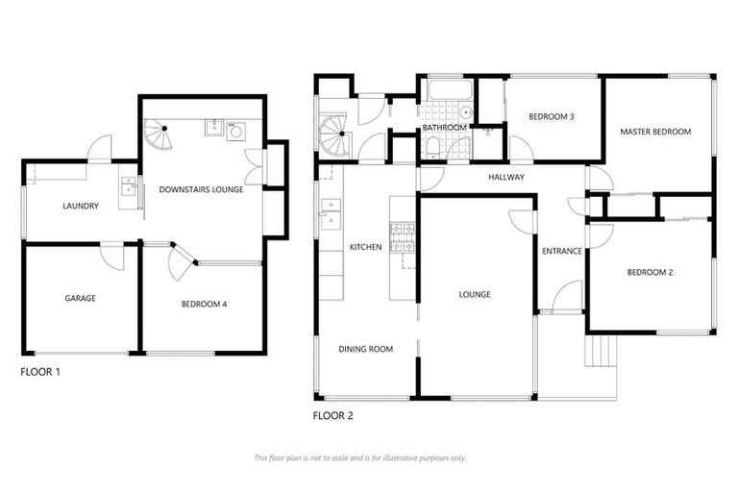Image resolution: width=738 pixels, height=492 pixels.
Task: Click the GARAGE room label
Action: point(81,298)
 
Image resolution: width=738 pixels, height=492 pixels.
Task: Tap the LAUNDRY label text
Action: point(81,206)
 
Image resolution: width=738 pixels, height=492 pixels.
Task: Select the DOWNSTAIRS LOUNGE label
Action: point(201,190)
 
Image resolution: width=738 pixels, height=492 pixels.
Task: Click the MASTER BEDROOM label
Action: point(656,132)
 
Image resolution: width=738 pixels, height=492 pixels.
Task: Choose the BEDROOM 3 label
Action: point(552,117)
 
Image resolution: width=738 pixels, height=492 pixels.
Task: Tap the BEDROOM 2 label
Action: point(650,273)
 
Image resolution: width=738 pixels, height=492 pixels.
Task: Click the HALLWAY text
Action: point(505,178)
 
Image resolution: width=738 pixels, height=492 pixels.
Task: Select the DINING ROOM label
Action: point(366,350)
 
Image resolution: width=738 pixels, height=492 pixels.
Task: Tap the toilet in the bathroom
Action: point(434,146)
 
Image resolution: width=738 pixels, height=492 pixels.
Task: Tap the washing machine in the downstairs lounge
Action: point(236,133)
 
